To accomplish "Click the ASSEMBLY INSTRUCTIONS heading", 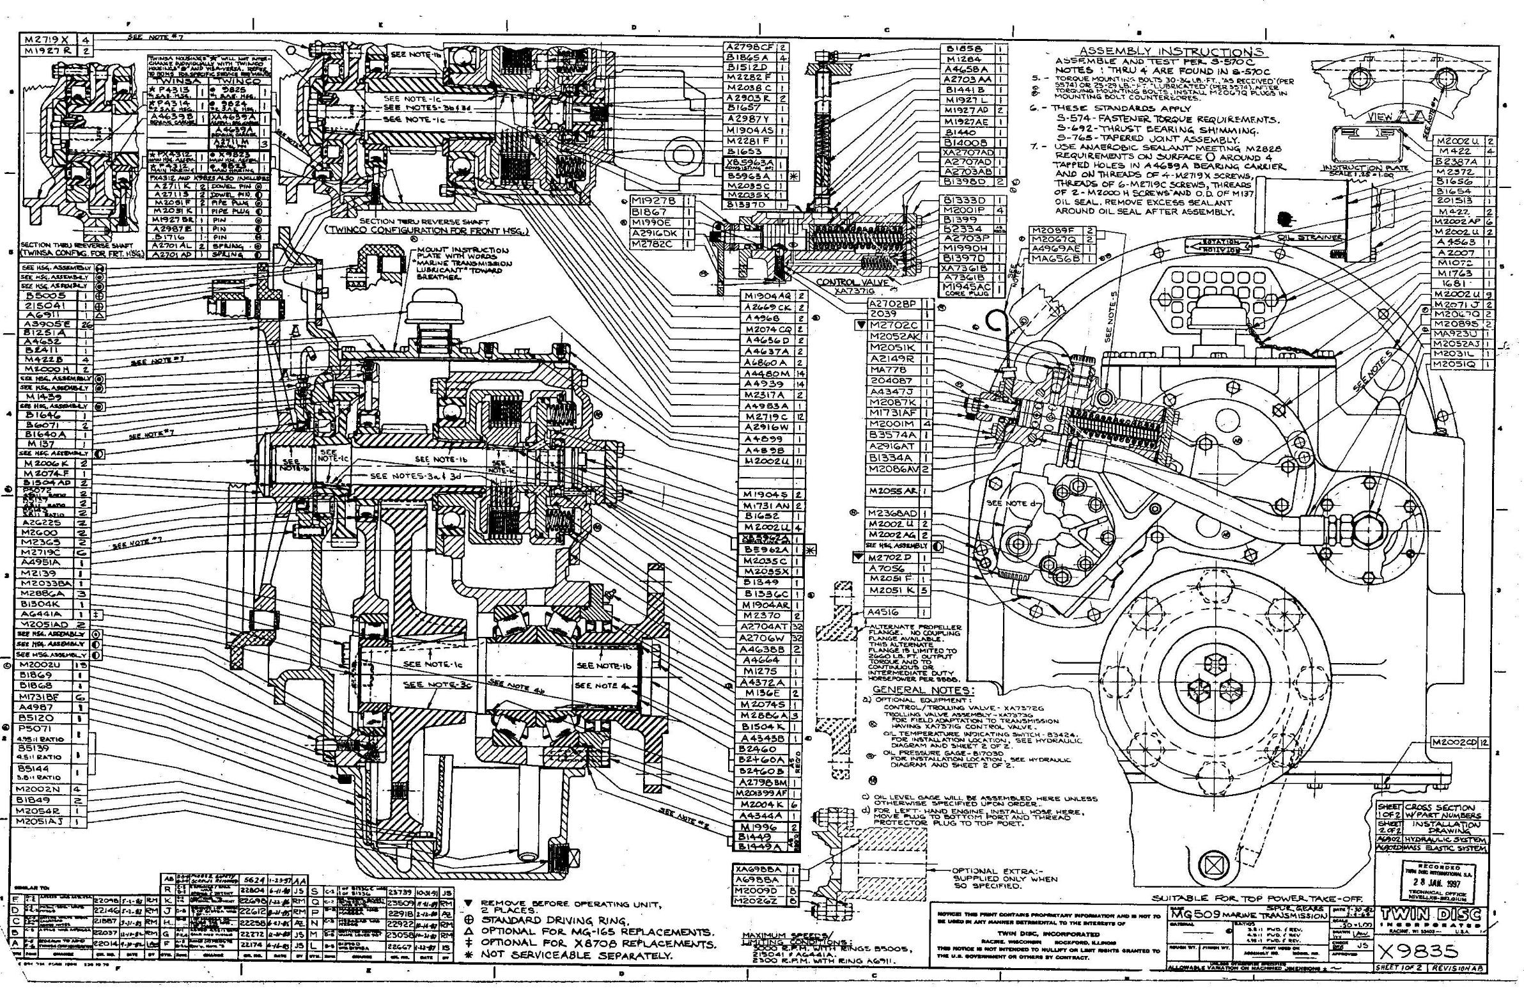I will [x=1171, y=51].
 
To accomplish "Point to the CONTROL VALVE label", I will [x=844, y=282].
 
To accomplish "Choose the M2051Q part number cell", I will [x=1454, y=364].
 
